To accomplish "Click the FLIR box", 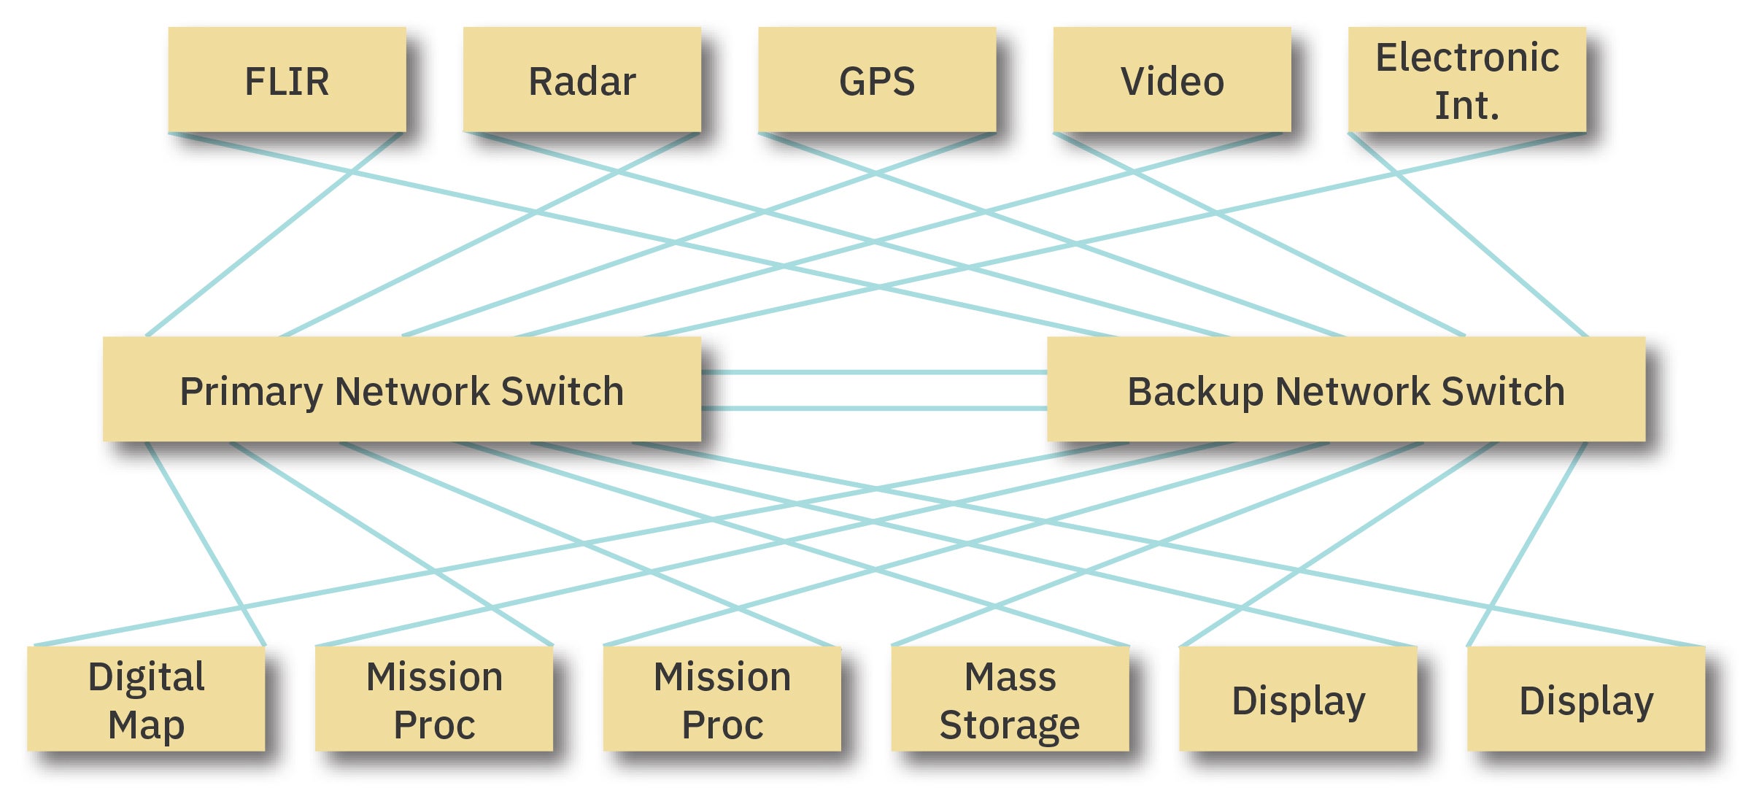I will click(x=287, y=80).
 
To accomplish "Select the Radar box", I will click(x=581, y=80).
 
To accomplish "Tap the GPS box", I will click(x=877, y=80).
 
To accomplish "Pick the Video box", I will click(x=1172, y=80).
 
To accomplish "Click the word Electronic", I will click(x=1467, y=58).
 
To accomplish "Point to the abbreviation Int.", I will click(x=1467, y=106).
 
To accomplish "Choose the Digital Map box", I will click(x=146, y=699).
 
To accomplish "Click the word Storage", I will click(x=1010, y=725).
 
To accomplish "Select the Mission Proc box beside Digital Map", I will click(x=434, y=699).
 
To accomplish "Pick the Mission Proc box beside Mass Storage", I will click(x=722, y=699).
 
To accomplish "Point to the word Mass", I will click(x=1010, y=676).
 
